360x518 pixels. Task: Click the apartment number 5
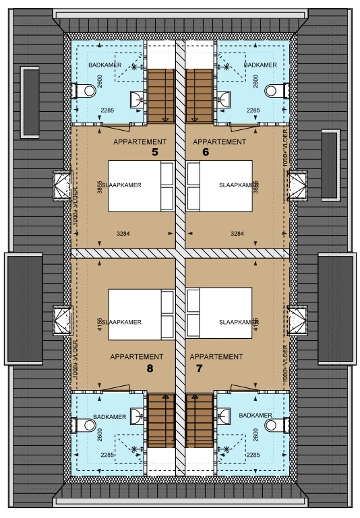(x=154, y=153)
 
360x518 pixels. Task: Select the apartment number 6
(x=206, y=153)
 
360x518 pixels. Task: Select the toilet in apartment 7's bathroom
(x=272, y=425)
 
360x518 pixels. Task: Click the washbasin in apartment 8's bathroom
(x=136, y=414)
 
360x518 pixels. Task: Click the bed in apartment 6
(x=220, y=186)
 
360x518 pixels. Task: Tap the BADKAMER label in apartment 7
(x=256, y=416)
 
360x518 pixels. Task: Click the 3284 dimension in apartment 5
(x=123, y=234)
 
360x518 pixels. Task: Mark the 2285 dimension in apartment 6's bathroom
(x=254, y=110)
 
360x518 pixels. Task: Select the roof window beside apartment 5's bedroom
(x=62, y=186)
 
